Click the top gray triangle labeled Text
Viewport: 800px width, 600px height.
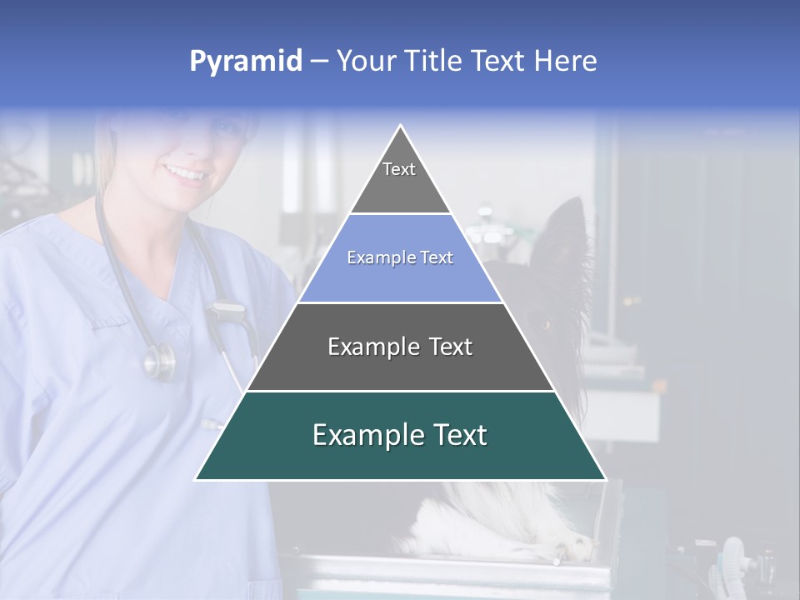[x=399, y=178]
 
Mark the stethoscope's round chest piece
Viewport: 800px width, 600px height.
[x=160, y=360]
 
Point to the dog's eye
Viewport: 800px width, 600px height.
[x=548, y=323]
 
